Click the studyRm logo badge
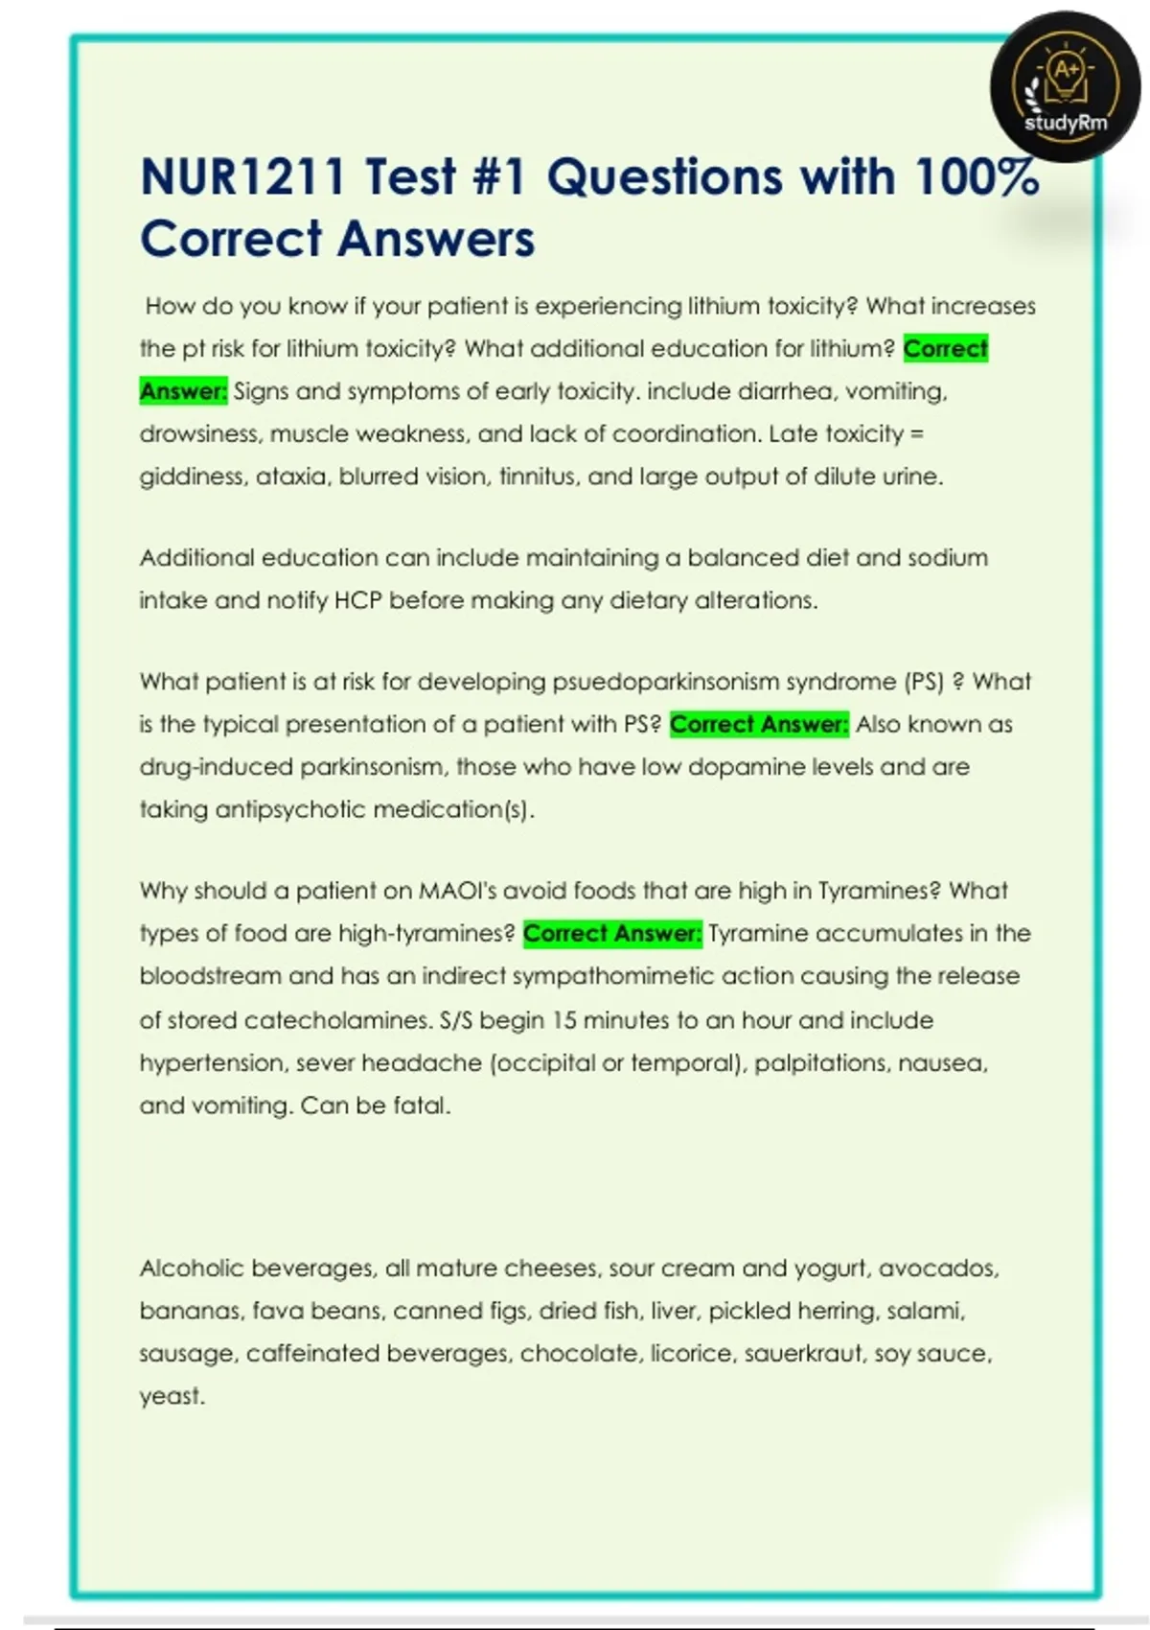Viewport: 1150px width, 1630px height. pos(1066,87)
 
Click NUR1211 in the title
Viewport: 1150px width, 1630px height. pos(243,177)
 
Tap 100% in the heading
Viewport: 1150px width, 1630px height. pos(977,177)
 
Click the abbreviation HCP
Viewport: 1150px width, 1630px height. pos(357,600)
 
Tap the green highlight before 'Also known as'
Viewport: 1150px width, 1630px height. pos(759,724)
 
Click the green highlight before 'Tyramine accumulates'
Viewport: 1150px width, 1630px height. pos(612,933)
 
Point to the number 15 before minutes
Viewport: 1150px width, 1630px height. pos(564,1019)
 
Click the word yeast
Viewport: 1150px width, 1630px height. pos(172,1396)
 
